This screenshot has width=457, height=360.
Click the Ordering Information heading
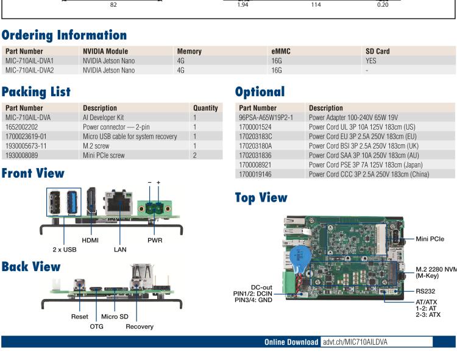[64, 35]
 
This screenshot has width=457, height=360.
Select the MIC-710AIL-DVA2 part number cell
[29, 70]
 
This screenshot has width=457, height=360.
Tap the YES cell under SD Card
[371, 61]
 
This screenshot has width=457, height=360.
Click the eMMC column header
[281, 51]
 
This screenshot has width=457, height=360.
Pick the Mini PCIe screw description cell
[104, 155]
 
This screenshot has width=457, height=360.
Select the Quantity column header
[205, 108]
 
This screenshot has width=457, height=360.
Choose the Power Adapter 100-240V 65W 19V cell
[354, 117]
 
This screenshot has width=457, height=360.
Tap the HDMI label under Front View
[90, 240]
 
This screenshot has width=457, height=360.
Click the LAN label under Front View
[119, 249]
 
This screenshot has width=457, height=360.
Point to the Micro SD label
[114, 317]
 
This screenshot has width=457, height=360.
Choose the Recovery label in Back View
[140, 326]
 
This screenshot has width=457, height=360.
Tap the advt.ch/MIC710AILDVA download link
[355, 342]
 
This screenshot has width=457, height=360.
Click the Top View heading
[261, 197]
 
